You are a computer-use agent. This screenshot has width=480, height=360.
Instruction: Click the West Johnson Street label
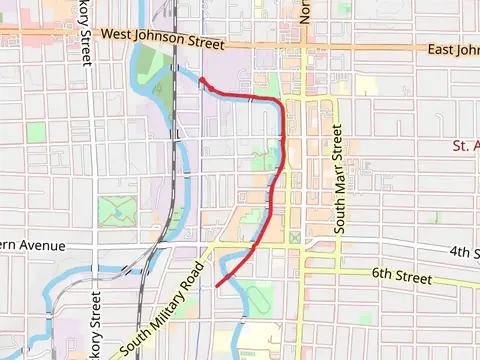[x=164, y=41]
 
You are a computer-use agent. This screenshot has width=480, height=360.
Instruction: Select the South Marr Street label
[x=339, y=180]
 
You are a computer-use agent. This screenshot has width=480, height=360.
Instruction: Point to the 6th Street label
[x=400, y=275]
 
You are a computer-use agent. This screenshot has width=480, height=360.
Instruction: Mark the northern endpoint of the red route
[x=201, y=79]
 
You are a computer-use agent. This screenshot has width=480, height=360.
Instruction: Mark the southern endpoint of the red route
[x=217, y=286]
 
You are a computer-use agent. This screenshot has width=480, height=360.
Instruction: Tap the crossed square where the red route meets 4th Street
[x=294, y=238]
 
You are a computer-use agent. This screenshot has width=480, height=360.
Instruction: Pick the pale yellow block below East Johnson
[x=366, y=85]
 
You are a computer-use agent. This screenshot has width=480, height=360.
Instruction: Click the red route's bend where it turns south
[x=280, y=104]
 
